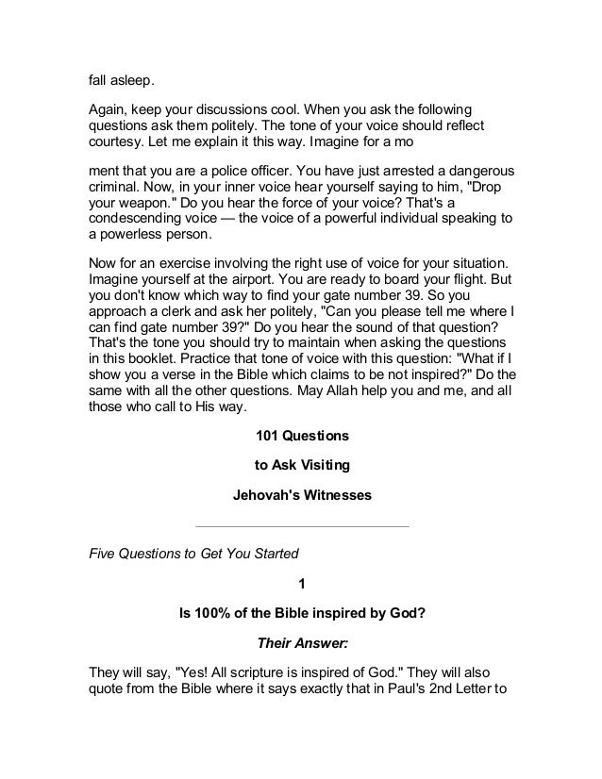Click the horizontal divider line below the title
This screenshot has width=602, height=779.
[x=301, y=525]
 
